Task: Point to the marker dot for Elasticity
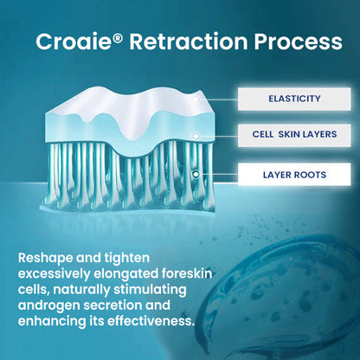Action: coord(200,100)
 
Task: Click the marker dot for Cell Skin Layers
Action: coord(196,136)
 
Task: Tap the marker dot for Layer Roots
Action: coord(196,174)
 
